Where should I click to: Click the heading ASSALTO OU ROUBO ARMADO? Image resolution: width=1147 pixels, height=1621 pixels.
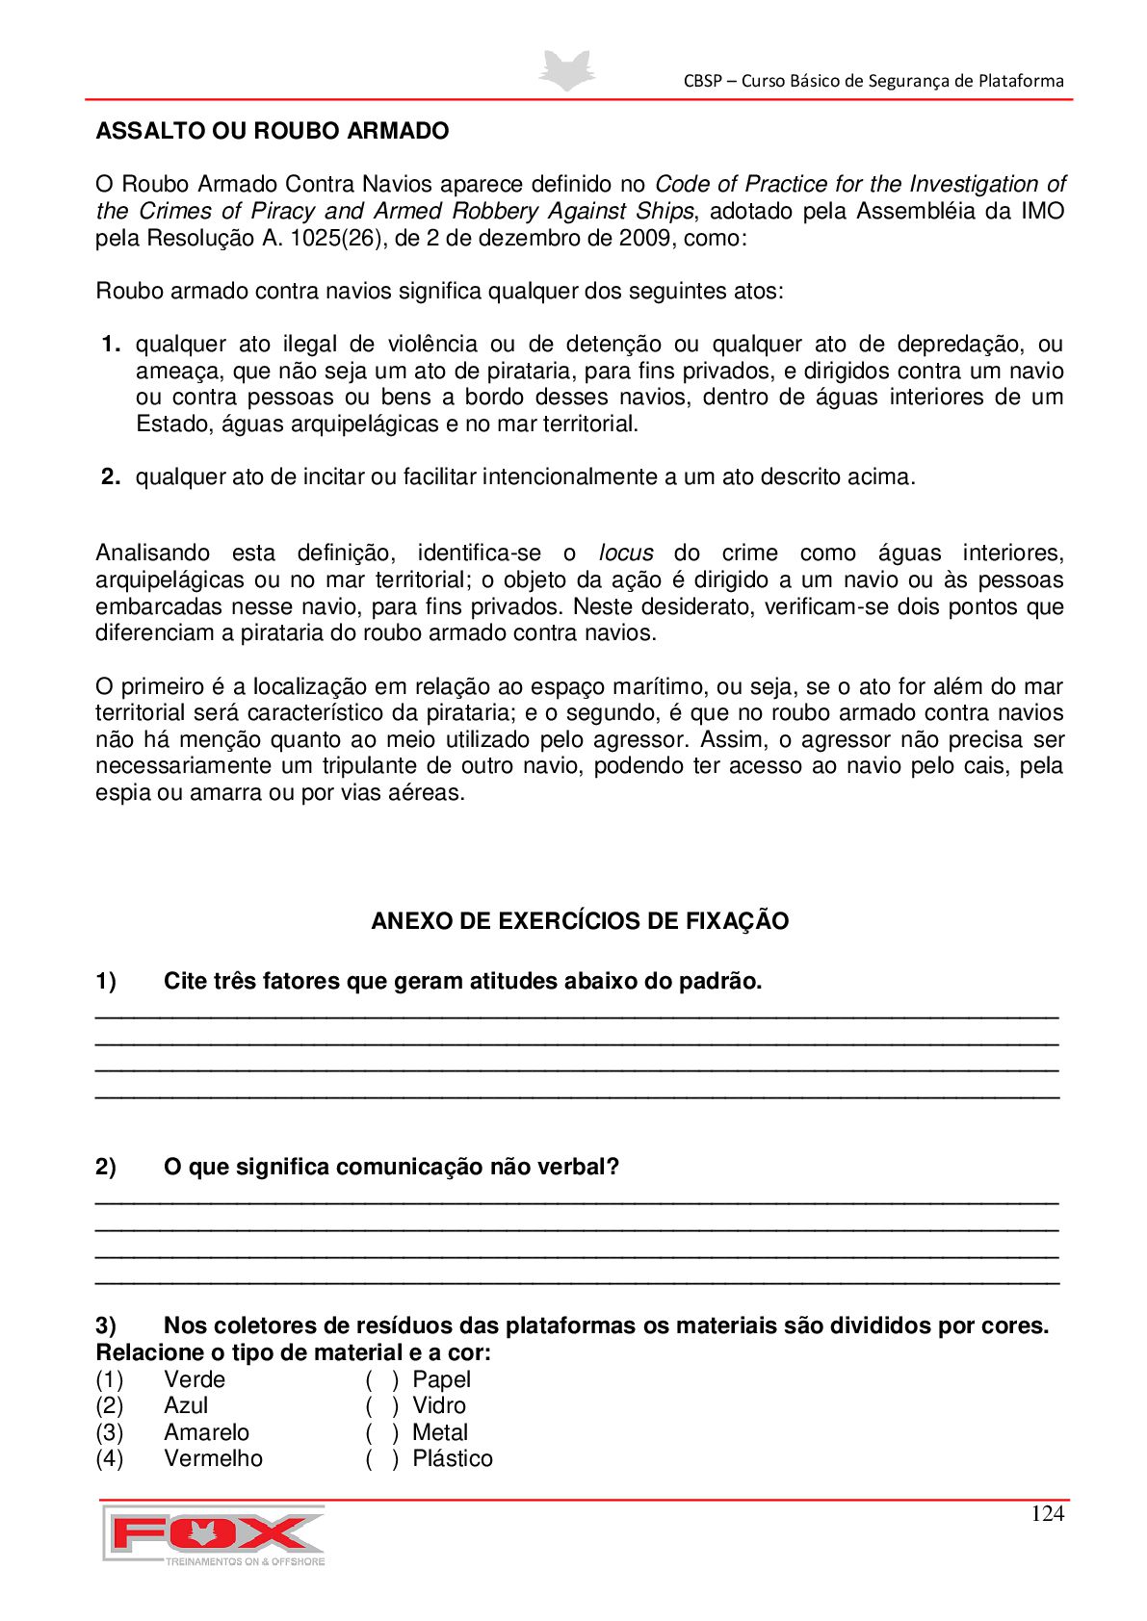pos(273,131)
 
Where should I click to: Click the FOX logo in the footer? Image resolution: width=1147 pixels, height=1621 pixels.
pos(214,1534)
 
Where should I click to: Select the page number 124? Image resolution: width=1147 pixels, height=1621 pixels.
pos(1047,1514)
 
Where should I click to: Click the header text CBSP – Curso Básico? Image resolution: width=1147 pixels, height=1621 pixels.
pos(873,81)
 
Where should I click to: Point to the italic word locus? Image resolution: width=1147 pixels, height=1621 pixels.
pos(626,553)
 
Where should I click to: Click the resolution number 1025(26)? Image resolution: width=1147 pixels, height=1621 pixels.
pos(337,238)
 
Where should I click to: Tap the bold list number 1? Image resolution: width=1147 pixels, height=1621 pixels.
pos(111,345)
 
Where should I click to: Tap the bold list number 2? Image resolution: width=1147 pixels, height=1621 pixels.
pos(111,476)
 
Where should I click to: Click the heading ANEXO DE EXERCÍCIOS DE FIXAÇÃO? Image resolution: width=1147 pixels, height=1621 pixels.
pos(580,921)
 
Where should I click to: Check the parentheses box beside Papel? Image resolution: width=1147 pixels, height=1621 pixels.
pos(382,1379)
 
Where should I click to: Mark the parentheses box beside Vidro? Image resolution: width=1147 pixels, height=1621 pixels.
pos(382,1406)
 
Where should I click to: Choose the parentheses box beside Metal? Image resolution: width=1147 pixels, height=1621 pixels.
pos(382,1433)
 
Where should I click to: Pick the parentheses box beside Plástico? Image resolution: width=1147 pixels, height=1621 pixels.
pos(382,1459)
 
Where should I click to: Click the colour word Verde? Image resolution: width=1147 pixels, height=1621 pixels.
pos(195,1379)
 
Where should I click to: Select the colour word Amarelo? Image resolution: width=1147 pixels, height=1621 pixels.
pos(206,1433)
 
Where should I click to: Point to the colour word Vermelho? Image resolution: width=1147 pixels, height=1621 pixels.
pos(213,1459)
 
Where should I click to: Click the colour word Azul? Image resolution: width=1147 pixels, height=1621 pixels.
pos(186,1406)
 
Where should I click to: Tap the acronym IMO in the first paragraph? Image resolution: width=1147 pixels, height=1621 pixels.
pos(1043,212)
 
